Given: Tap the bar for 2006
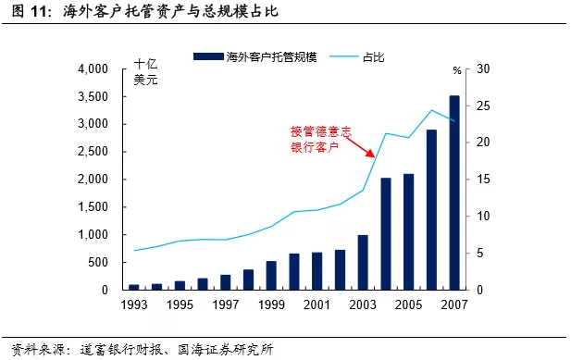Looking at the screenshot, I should pos(431,209).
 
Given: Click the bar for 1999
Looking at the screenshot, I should pos(271,275).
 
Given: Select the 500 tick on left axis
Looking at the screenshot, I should pos(100,262).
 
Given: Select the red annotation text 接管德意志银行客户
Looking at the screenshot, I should pos(316,138).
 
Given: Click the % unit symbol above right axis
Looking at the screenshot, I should pos(456,70).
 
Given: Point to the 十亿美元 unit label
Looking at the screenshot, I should pos(146,71).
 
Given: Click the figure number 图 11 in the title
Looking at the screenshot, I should pos(26,12).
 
